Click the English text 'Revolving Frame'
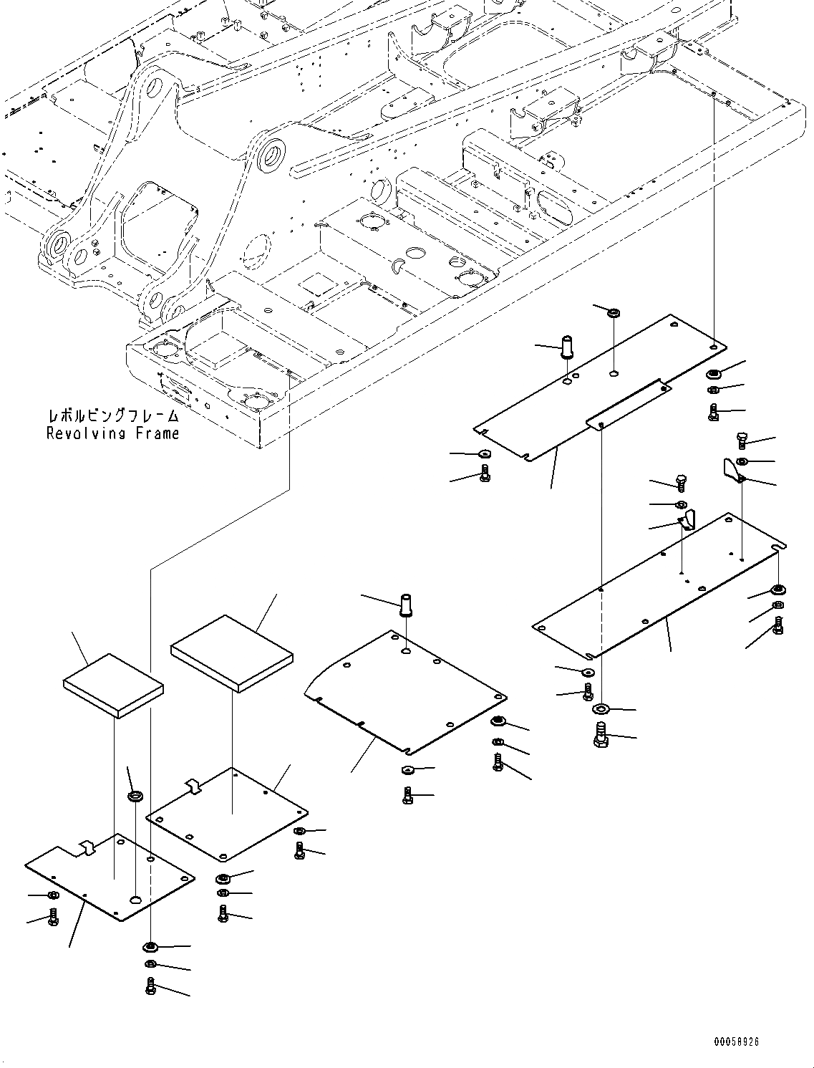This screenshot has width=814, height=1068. coord(112,433)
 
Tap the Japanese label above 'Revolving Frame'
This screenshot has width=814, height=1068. coord(112,416)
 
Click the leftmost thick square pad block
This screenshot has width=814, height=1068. coord(113,684)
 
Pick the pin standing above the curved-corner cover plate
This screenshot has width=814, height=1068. coord(407,605)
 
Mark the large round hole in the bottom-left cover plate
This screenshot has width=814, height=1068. coord(136,900)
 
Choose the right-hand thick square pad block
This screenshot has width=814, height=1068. coord(231,653)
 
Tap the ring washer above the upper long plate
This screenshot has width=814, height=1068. coord(614,314)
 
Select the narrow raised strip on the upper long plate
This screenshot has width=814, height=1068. coord(629,405)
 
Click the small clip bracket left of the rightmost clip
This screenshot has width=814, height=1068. coord(687,519)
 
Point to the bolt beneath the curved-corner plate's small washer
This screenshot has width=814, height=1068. coord(407,795)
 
